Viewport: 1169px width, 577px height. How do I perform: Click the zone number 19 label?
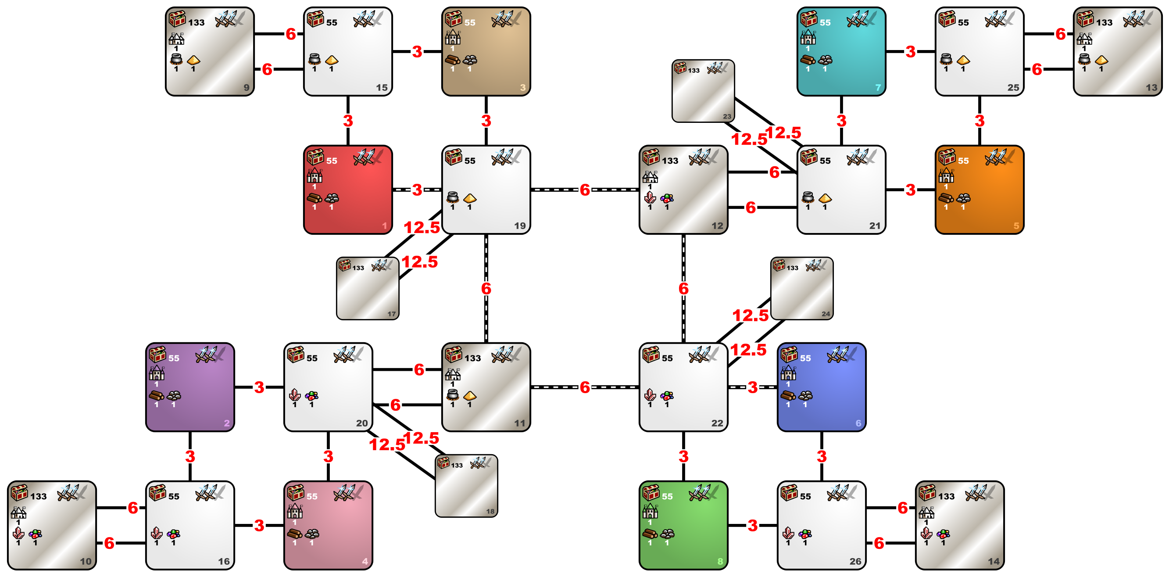coord(520,226)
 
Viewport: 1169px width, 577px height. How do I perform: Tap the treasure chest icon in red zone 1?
coord(315,157)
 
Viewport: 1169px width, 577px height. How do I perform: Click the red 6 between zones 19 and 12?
coord(585,190)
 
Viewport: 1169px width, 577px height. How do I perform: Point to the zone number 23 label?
coord(727,117)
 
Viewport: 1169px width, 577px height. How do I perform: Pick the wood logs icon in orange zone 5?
coord(946,198)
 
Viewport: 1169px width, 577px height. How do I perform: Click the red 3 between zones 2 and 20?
coord(259,387)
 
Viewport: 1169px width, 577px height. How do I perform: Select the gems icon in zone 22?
coord(667,396)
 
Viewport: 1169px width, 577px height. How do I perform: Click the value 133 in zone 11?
coord(472,358)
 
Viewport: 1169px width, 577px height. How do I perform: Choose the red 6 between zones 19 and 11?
coord(486,288)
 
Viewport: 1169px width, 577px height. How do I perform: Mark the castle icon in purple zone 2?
coord(157,373)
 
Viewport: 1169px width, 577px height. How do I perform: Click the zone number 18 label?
coord(490,512)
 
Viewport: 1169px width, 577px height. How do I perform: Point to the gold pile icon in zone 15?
coord(332,60)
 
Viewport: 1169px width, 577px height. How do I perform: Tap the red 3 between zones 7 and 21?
coord(841,121)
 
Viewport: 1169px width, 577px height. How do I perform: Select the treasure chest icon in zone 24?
coord(779,265)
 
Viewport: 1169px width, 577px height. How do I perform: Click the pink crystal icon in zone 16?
coord(157,533)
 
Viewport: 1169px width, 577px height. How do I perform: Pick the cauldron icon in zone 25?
coord(946,59)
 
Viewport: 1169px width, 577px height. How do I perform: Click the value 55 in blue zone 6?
coord(805,358)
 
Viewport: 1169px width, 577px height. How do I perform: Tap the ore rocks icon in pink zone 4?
coord(312,534)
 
